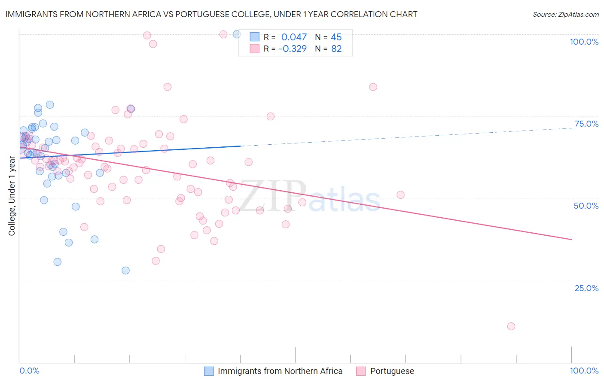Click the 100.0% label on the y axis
[584, 42]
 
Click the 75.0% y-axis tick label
[586, 124]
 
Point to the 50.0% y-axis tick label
[586, 206]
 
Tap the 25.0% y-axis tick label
[586, 288]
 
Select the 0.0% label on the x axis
[29, 371]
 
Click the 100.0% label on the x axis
[584, 371]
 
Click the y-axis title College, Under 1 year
[12, 196]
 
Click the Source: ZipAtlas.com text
[565, 15]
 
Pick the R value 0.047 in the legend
[294, 37]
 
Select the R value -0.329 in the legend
[293, 49]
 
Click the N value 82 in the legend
[336, 49]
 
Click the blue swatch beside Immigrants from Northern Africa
[209, 371]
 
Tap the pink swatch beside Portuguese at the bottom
[361, 371]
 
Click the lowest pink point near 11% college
[511, 326]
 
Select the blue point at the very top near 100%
[237, 34]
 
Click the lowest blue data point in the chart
[125, 271]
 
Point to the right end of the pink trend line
[571, 239]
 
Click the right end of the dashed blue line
[571, 128]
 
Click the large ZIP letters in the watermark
[272, 196]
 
